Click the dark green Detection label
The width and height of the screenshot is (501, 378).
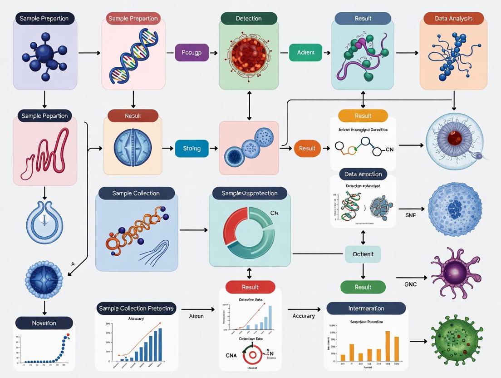tap(249, 19)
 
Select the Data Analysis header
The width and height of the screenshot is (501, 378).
tap(453, 19)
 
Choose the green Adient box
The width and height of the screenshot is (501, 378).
tap(305, 52)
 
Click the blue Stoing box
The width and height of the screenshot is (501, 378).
tap(192, 149)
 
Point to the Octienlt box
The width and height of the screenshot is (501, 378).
tap(363, 254)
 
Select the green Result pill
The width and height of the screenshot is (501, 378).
tap(363, 287)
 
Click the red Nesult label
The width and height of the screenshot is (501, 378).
tap(133, 116)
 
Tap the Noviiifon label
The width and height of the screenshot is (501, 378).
tap(44, 323)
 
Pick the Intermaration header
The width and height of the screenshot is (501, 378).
tap(366, 308)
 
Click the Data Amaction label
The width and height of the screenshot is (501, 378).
tap(363, 174)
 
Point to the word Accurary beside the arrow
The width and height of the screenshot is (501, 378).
tap(304, 316)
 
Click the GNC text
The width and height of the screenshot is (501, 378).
tap(410, 284)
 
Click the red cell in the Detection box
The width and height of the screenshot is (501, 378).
tap(249, 55)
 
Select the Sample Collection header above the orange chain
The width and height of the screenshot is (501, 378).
tap(136, 193)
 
